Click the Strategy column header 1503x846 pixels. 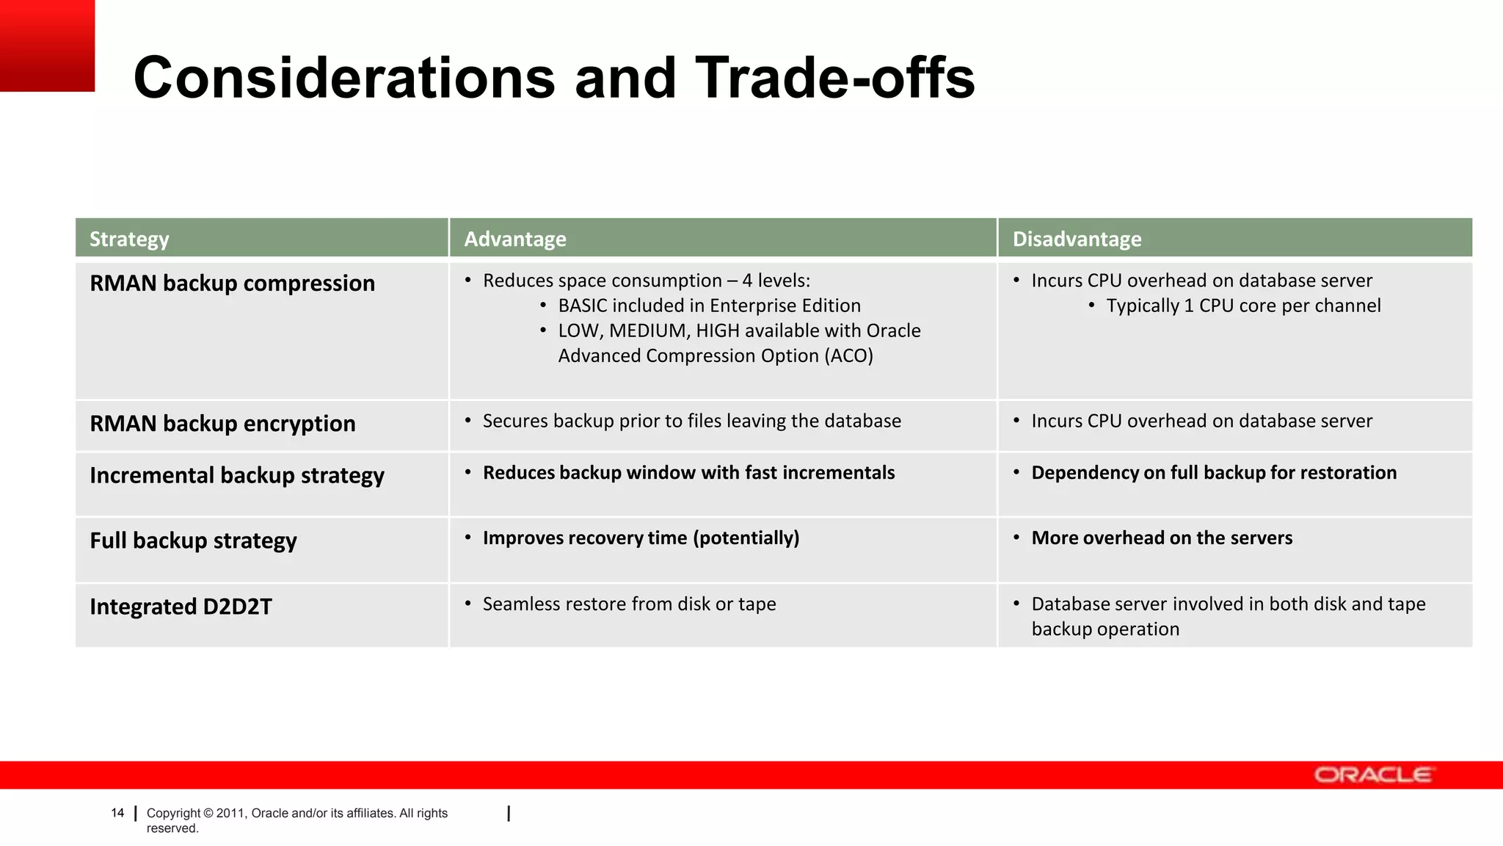(129, 239)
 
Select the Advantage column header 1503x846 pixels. (515, 239)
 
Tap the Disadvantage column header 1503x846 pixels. (1077, 239)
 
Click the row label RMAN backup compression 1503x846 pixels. (232, 283)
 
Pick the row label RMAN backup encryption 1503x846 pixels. (222, 424)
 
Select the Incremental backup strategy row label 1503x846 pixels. (237, 476)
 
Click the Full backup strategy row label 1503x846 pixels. (193, 541)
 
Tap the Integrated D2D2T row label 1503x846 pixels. (181, 607)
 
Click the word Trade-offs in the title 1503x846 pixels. (834, 78)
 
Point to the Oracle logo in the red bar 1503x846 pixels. (1372, 775)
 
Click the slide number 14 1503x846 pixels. (117, 813)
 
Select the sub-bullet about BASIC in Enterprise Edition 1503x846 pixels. (709, 305)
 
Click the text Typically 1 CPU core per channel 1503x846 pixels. (1243, 305)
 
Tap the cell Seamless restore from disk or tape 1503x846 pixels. (629, 604)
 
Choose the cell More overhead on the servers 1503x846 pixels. (1162, 538)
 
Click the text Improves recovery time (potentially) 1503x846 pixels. (641, 538)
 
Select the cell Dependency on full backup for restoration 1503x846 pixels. (1214, 473)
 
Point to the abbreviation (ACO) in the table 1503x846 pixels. (849, 356)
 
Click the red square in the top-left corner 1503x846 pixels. (47, 46)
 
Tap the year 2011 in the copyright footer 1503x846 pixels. (230, 813)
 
